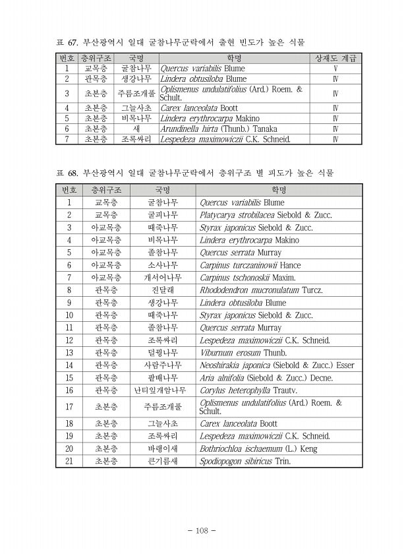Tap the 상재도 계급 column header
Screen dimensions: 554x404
click(335, 58)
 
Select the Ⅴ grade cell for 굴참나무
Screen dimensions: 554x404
click(335, 68)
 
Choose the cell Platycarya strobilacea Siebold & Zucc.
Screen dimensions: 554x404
click(266, 214)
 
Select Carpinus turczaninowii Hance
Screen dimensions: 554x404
click(250, 265)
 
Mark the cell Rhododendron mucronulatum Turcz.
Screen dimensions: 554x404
click(262, 290)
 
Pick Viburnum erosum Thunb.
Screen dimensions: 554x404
click(238, 353)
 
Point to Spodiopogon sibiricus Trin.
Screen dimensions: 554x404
click(245, 461)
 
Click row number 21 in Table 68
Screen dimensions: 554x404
click(69, 461)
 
